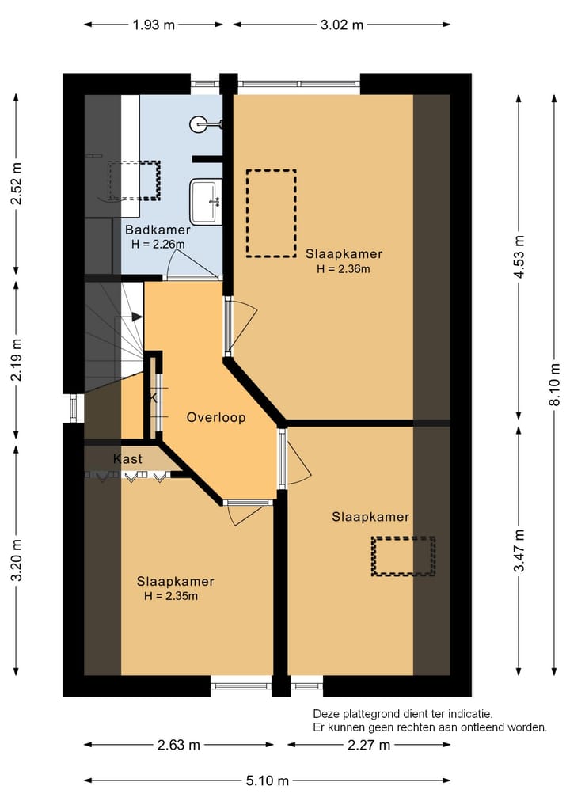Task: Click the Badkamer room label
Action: tap(157, 230)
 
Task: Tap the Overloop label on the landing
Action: tap(216, 417)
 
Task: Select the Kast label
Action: tap(127, 459)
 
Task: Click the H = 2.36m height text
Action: tap(344, 268)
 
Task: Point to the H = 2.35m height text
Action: tap(170, 596)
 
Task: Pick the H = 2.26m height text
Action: tap(158, 244)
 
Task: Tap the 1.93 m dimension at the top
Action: tap(154, 25)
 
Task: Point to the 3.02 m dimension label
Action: tap(342, 25)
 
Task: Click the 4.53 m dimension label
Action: tap(519, 257)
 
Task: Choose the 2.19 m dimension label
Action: tap(16, 359)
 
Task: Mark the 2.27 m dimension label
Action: tap(368, 745)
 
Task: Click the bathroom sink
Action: tap(206, 201)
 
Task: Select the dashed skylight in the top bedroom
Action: tap(271, 213)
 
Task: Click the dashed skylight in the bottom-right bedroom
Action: tap(404, 556)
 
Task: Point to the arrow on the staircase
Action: tap(136, 317)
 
